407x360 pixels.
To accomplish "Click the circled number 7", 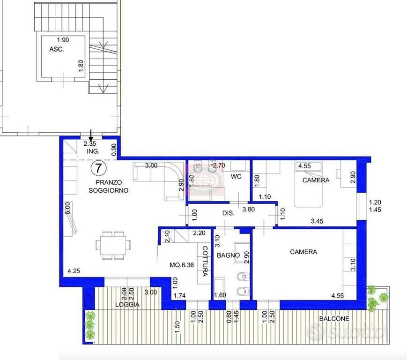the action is tap(98, 168).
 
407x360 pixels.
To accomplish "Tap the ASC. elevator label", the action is tap(57, 49).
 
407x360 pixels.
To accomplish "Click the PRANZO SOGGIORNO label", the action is tap(109, 186).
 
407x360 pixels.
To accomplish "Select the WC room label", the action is tap(236, 177).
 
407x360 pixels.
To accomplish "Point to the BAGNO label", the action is tap(228, 255).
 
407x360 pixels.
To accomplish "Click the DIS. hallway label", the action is tap(229, 213).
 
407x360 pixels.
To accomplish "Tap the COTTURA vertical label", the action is tap(205, 261).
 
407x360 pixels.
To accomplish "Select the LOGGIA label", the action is tap(127, 304).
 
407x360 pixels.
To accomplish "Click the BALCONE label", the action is tap(334, 318).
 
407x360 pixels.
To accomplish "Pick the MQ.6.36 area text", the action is tap(182, 265).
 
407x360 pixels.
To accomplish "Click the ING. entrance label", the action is tap(93, 151).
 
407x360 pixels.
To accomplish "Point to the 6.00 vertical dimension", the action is tap(67, 209).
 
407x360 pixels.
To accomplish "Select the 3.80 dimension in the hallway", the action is tap(248, 209).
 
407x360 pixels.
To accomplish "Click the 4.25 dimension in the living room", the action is tap(74, 271).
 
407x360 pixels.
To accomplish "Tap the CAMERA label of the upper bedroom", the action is tap(316, 180).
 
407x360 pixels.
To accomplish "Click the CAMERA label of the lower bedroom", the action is tap(303, 252).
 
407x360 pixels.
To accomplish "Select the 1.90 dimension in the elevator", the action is tap(63, 40).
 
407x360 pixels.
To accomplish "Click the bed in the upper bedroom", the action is tap(308, 184).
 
